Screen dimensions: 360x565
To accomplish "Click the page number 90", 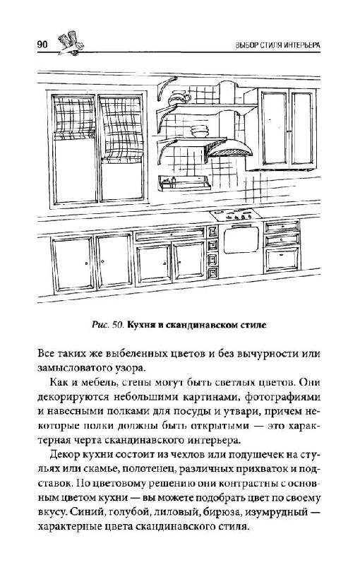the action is [x=42, y=44].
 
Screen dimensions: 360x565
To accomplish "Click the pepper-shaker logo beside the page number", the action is [x=71, y=43].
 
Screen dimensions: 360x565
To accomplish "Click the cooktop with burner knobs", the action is [x=236, y=215].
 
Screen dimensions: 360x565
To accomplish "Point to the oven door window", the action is [x=241, y=240].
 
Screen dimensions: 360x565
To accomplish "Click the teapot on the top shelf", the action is [x=179, y=97].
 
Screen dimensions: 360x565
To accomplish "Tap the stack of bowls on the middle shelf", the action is [x=199, y=131].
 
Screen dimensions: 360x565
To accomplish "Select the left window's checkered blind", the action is [x=74, y=117].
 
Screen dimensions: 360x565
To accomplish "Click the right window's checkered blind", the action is [x=121, y=129].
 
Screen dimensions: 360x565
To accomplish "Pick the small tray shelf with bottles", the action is [x=184, y=183].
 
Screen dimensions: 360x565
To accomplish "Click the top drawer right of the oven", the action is [x=282, y=226].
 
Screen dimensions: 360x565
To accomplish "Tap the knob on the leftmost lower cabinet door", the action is [x=87, y=263].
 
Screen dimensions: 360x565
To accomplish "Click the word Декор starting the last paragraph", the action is [x=64, y=454].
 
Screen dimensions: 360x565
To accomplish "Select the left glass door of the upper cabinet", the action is [x=275, y=128].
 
